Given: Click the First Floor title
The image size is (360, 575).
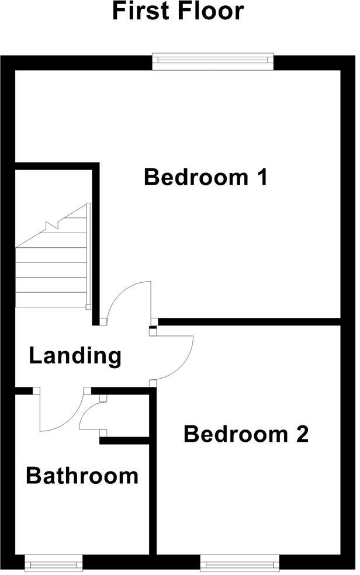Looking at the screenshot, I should click(178, 11).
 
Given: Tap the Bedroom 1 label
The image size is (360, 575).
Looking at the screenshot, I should click(206, 176).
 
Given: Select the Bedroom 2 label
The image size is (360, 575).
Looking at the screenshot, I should click(246, 434).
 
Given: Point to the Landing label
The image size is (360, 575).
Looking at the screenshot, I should click(75, 355).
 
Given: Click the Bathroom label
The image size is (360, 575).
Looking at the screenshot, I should click(82, 476).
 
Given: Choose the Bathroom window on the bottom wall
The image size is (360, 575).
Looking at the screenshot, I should click(54, 563).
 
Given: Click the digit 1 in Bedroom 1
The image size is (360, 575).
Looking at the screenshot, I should click(261, 176).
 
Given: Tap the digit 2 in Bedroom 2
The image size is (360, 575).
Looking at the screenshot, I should click(301, 434).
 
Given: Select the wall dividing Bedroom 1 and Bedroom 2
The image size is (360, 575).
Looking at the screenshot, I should click(248, 321).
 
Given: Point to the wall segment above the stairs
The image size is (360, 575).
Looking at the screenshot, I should click(56, 166).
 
